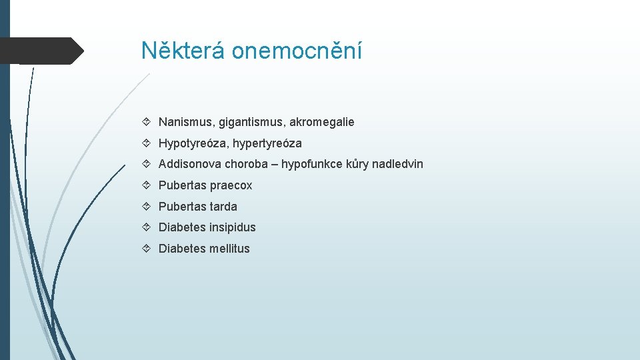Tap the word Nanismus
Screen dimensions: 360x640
click(183, 122)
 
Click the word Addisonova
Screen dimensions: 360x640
click(190, 164)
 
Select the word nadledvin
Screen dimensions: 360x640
click(398, 164)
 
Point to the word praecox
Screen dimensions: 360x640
click(231, 185)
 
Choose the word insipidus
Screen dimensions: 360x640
click(232, 227)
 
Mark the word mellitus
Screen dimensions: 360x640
click(229, 249)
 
